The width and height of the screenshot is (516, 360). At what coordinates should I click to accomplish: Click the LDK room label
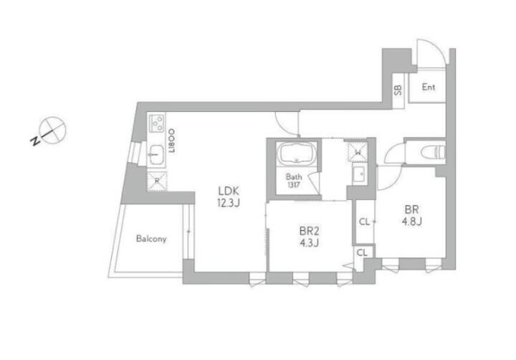[229, 191]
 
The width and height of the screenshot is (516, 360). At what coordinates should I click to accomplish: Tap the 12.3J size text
[229, 203]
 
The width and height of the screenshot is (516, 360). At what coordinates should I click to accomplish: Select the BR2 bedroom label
[310, 231]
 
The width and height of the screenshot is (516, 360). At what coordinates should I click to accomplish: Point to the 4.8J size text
[411, 222]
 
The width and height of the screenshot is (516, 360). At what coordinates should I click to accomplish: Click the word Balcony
[151, 239]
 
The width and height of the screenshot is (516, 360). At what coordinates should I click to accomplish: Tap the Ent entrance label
[429, 87]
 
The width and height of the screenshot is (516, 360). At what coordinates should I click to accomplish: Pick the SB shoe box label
[398, 90]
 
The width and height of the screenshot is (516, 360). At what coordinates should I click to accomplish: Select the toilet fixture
[433, 152]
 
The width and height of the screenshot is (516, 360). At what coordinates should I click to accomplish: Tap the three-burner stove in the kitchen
[157, 123]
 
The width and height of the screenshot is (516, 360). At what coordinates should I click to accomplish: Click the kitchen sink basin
[156, 153]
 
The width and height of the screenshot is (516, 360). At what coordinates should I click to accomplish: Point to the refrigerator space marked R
[157, 181]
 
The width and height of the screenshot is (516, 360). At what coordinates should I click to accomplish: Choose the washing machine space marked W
[358, 152]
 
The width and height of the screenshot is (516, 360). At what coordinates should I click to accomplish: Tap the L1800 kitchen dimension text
[171, 141]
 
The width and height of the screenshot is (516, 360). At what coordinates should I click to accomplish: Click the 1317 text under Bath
[294, 185]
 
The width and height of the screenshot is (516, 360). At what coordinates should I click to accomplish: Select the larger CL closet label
[364, 222]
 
